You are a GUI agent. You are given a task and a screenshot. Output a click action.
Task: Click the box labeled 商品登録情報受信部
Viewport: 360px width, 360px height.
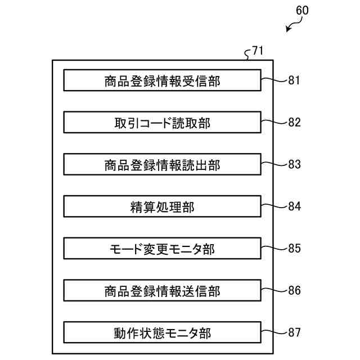click(162, 80)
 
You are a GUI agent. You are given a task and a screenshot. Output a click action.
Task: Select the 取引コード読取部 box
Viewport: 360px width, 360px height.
click(162, 122)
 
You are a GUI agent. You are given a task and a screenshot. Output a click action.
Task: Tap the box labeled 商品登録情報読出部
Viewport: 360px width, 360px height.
click(162, 164)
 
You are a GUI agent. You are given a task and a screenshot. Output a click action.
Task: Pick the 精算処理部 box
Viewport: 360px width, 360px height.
click(162, 206)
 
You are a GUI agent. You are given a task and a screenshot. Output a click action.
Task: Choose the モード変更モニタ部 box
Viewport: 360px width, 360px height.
click(162, 249)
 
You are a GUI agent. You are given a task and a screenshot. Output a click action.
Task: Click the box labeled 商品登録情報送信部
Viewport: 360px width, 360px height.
click(162, 291)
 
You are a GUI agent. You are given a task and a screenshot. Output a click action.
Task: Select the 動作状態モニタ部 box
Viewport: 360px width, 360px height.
click(162, 332)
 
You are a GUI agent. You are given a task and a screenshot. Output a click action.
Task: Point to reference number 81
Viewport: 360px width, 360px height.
click(294, 80)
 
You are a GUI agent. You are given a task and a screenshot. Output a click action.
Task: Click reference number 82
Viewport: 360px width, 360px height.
click(294, 122)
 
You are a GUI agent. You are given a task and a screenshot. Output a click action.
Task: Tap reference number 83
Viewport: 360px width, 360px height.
click(294, 164)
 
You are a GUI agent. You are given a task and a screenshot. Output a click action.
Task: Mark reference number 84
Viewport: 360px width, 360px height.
click(294, 206)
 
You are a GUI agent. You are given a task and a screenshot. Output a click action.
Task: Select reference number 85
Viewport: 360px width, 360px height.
click(294, 249)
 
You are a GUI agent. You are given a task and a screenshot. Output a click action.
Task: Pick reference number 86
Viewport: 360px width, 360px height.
click(294, 291)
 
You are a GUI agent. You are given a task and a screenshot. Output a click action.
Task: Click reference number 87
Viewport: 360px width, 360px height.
click(294, 332)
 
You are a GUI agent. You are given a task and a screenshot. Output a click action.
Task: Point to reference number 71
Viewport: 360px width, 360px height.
click(257, 51)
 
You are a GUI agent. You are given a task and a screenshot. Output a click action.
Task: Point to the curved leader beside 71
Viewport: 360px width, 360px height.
click(248, 55)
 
